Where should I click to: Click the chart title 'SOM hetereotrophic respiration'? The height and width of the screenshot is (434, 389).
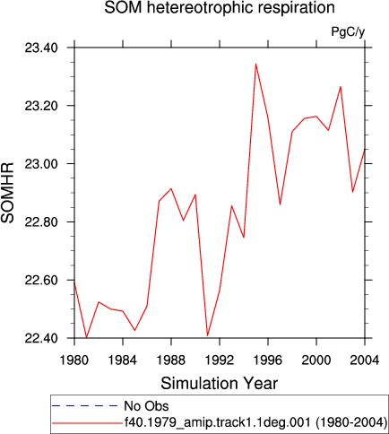(220, 8)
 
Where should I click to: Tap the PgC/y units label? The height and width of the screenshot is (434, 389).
(348, 31)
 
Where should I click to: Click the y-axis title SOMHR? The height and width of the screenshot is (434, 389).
(8, 193)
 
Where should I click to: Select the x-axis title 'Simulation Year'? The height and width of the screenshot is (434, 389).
(220, 384)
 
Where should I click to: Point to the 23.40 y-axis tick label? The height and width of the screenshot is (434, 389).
(41, 48)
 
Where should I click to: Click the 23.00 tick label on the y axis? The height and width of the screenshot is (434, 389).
(41, 164)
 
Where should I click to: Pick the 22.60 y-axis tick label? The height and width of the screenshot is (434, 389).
(41, 280)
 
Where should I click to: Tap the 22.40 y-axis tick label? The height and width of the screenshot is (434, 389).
(41, 338)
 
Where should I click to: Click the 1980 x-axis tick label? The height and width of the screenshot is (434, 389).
(74, 360)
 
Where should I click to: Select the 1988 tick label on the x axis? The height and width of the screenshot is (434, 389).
(171, 360)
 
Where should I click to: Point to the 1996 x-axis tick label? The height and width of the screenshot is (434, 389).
(268, 360)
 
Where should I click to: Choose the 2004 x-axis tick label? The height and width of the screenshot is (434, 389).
(365, 360)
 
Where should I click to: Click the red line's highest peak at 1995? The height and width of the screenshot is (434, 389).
(255, 64)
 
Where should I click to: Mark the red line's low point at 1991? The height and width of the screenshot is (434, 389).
(207, 335)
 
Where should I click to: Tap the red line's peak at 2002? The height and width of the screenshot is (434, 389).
(341, 87)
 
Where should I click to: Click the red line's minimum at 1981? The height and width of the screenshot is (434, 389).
(86, 337)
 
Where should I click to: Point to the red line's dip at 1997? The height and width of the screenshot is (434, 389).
(280, 204)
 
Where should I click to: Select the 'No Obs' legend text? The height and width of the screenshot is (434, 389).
(146, 406)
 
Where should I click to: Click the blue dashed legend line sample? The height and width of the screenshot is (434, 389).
(85, 406)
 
